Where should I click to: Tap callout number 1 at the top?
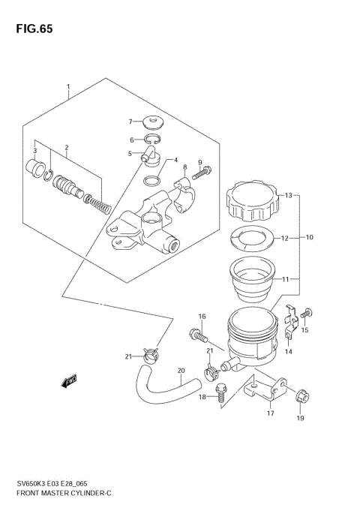[x=68, y=86]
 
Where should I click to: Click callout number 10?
[x=310, y=238]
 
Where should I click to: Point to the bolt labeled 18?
[x=220, y=393]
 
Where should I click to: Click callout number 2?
[x=67, y=147]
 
